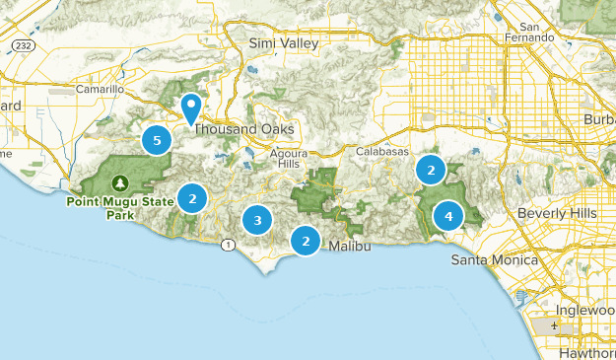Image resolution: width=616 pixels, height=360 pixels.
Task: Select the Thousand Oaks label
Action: [243, 129]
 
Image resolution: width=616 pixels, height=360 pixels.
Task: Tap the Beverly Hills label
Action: [558, 213]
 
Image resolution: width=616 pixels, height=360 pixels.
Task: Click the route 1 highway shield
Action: [229, 244]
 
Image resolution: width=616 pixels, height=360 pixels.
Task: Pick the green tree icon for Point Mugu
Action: [119, 182]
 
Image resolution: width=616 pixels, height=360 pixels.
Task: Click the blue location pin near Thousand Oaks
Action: [191, 106]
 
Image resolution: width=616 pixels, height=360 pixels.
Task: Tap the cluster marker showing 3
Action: [257, 220]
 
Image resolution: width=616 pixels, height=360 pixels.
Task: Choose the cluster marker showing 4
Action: [448, 216]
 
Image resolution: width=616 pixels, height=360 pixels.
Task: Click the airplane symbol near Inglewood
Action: [557, 325]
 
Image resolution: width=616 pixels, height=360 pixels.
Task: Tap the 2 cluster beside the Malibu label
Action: [307, 240]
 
